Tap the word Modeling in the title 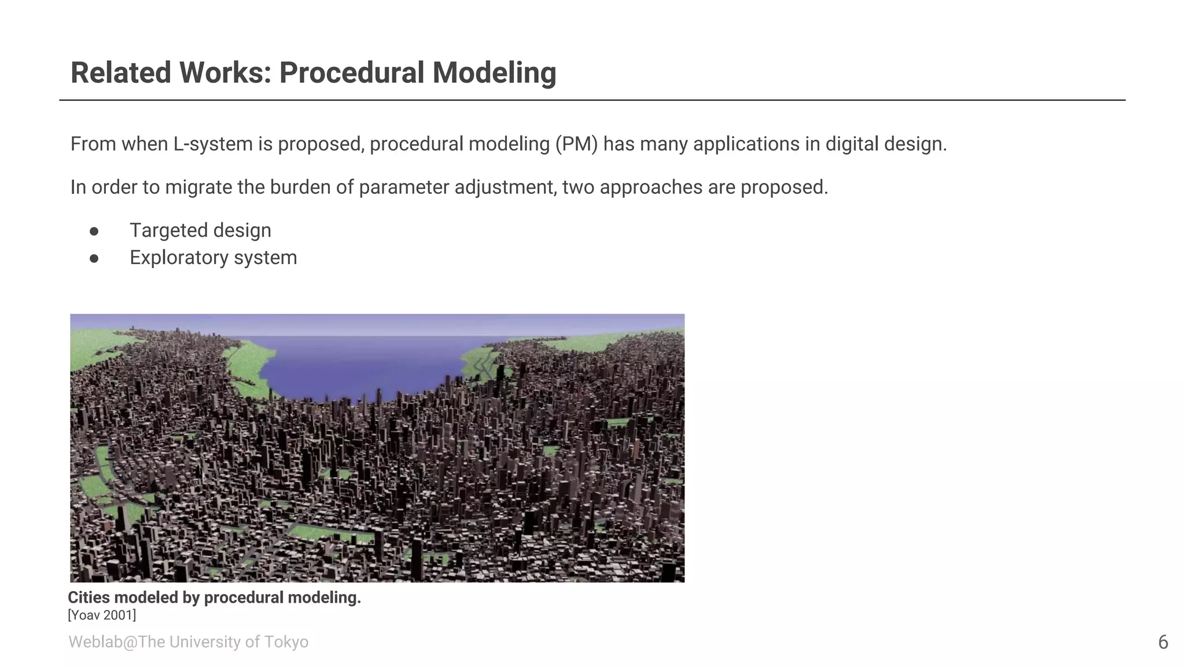494,73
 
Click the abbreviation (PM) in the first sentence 576,144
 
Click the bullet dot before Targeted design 94,231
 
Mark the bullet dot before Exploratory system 94,258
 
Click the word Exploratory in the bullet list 179,258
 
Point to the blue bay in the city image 359,365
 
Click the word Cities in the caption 87,598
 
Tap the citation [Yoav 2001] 102,615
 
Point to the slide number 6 1163,642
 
